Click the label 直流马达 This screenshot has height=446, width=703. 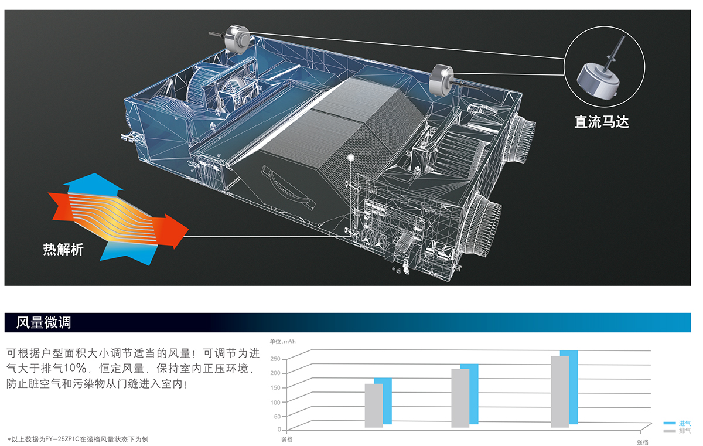[x=601, y=122]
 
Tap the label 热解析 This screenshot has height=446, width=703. [x=63, y=250]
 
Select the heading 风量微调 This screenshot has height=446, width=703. [x=43, y=322]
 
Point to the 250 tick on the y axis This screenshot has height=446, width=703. [x=275, y=359]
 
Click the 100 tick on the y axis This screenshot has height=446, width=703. [x=275, y=403]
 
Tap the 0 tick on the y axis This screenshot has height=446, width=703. [x=279, y=430]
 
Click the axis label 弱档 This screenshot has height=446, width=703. [x=286, y=439]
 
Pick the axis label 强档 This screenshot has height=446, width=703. [x=642, y=442]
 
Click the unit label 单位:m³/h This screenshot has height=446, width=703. [x=282, y=342]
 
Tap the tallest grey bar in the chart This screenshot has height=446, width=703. [x=560, y=391]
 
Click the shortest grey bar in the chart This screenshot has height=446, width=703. [x=374, y=406]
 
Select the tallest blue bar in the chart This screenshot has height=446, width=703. [x=569, y=387]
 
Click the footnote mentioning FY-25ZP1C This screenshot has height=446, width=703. [x=78, y=439]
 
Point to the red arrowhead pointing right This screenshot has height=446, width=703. [x=173, y=231]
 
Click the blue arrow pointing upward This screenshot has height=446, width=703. [x=93, y=183]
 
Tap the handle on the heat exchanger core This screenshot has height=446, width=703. [x=288, y=186]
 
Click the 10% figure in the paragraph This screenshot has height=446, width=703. [x=75, y=368]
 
